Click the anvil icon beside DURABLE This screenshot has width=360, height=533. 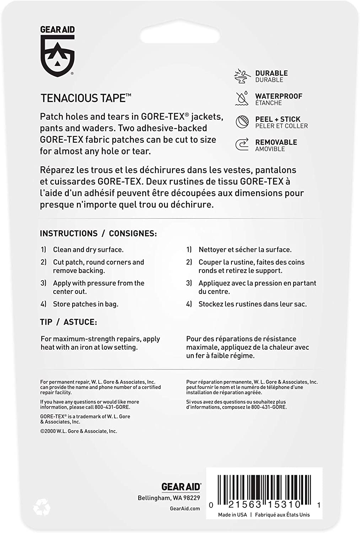tap(242, 76)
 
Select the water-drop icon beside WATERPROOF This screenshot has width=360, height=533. tap(242, 98)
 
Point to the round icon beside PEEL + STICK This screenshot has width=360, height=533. tap(242, 122)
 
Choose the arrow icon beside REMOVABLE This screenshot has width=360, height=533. tap(242, 145)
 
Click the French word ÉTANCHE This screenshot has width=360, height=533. tap(268, 103)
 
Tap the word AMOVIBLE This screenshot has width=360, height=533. tap(270, 149)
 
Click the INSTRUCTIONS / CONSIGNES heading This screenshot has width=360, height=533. tap(98, 233)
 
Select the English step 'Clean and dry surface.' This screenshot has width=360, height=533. tap(88, 250)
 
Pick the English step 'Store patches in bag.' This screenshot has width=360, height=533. tap(85, 304)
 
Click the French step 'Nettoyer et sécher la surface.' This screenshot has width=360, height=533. tap(245, 250)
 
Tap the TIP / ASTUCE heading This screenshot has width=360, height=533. tap(68, 322)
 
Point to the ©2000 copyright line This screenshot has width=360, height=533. tap(79, 431)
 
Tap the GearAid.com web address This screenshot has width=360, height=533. tap(185, 508)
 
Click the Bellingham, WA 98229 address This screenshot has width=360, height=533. tap(169, 498)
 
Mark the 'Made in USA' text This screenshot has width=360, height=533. tap(232, 515)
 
